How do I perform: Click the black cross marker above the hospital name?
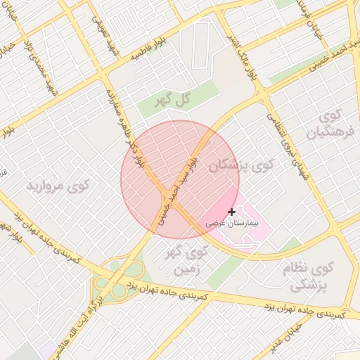click(232, 211)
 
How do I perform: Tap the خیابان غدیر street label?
click(288, 337)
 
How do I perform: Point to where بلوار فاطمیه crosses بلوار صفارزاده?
click(105, 75)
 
